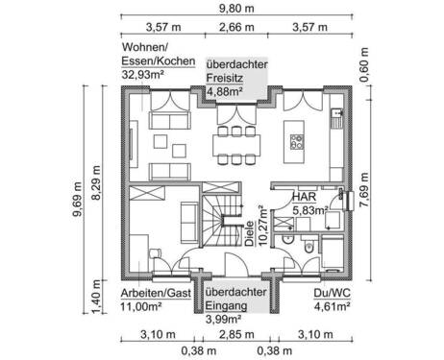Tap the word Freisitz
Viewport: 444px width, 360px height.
click(x=228, y=80)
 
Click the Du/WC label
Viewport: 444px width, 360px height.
click(x=327, y=295)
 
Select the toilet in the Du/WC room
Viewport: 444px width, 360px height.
click(x=305, y=248)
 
